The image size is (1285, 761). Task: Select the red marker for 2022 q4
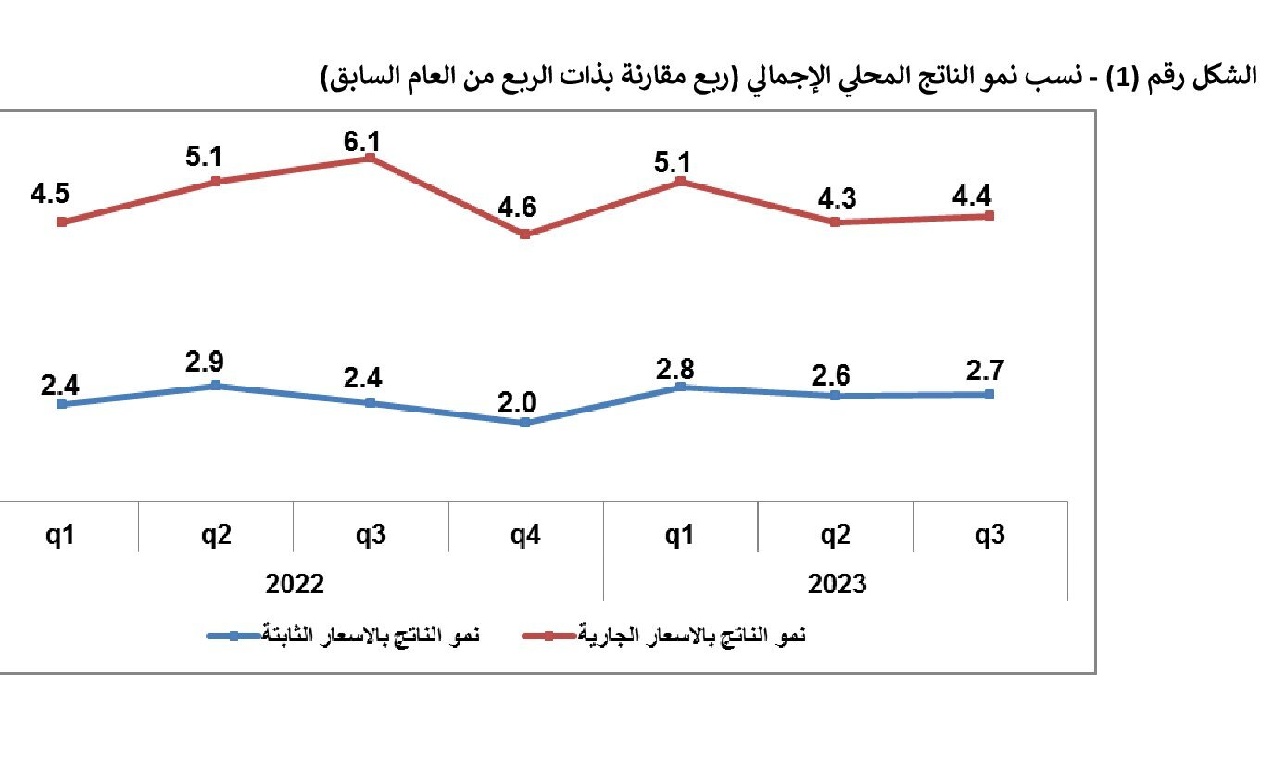tap(525, 234)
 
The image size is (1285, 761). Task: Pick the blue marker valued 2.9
tap(216, 385)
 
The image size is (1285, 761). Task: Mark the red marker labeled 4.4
tap(990, 216)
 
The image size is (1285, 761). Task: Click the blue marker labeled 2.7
tap(990, 394)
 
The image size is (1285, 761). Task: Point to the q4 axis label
tap(525, 535)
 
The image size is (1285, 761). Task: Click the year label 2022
tap(295, 584)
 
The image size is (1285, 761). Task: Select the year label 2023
tap(837, 584)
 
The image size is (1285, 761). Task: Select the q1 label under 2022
tap(61, 535)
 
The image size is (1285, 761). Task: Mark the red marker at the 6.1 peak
tap(371, 158)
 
